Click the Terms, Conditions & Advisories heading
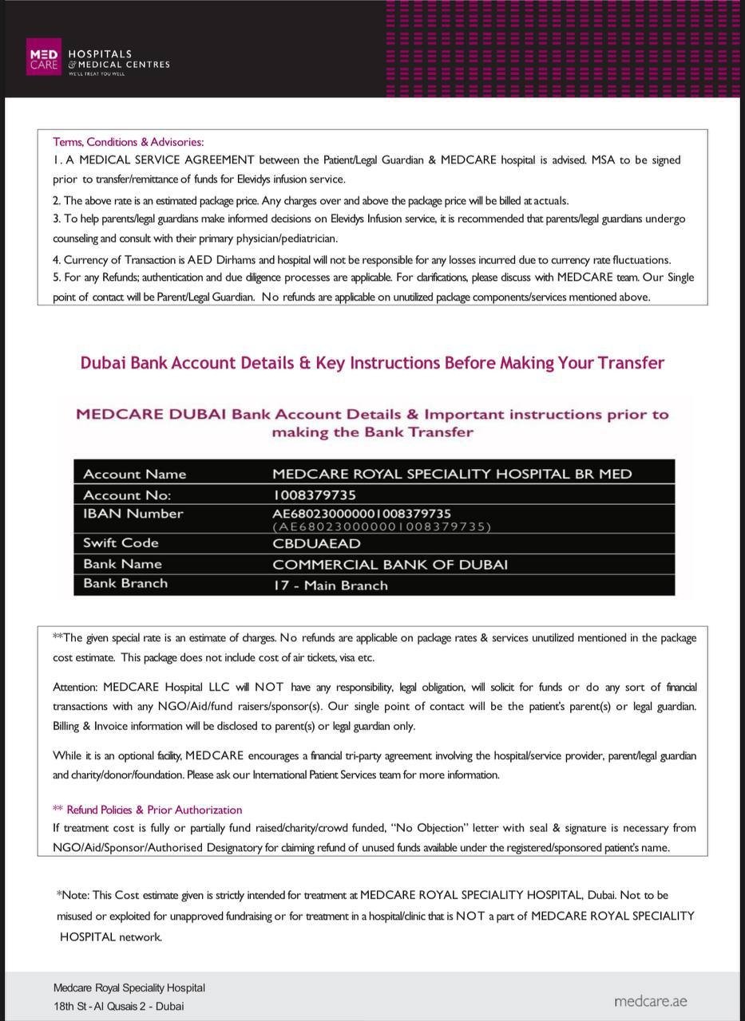click(128, 142)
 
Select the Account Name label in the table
click(134, 474)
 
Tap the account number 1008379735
click(315, 495)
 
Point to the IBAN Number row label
click(133, 514)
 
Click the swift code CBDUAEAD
click(316, 544)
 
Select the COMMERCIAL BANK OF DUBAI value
click(390, 565)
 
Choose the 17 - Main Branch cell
click(331, 585)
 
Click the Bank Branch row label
click(125, 584)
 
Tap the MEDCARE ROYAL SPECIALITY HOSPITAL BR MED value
click(452, 474)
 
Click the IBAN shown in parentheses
click(382, 526)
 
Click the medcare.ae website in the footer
click(650, 1001)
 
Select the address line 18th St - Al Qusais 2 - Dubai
click(118, 1006)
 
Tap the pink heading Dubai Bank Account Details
click(372, 363)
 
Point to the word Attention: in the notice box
click(75, 687)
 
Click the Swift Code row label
click(121, 543)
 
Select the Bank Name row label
click(122, 564)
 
